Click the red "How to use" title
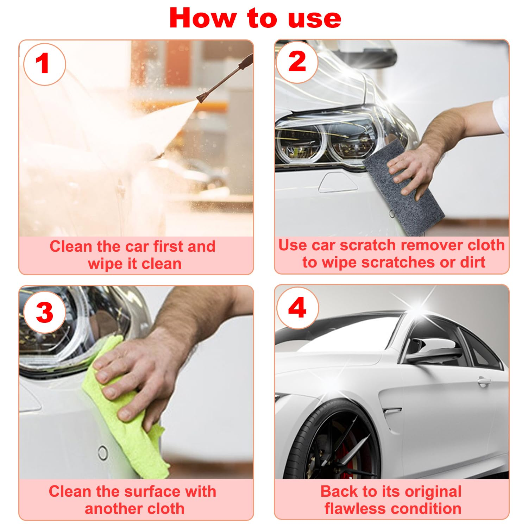coord(255,18)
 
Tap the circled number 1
coord(44,64)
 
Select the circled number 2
coord(297,62)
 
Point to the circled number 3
coord(44,312)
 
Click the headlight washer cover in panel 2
coord(338,183)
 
